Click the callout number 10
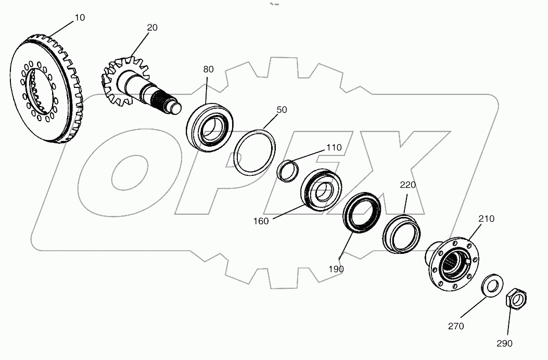point(80,18)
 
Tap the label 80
point(209,69)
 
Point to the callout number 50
point(282,110)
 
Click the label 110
point(334,148)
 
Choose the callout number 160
point(261,221)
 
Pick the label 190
point(337,269)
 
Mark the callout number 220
point(408,185)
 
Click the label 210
point(487,218)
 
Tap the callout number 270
point(456,326)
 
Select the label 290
point(504,343)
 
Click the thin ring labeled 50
point(254,151)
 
